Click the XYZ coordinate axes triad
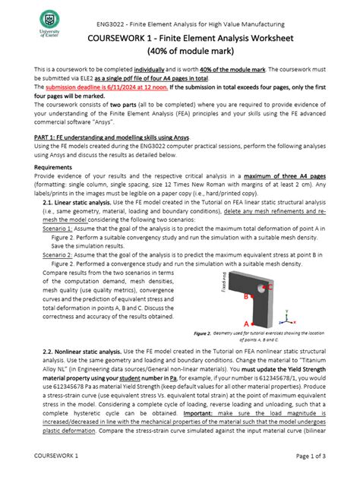tap(286, 314)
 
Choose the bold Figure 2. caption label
tap(201, 333)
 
